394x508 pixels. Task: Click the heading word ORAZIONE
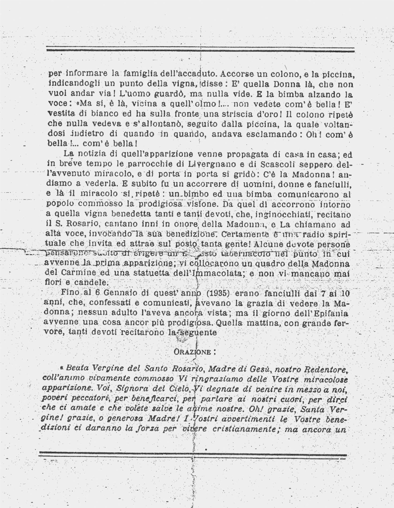pos(194,352)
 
